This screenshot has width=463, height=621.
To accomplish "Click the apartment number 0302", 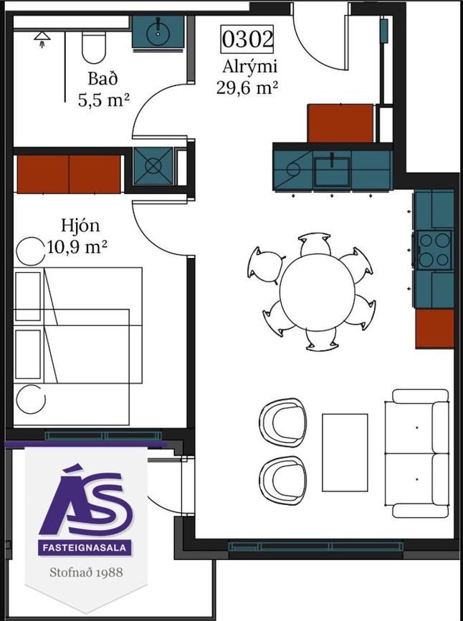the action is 247,39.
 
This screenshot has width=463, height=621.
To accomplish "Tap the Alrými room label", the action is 249,67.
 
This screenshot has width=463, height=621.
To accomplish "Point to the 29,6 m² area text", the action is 246,87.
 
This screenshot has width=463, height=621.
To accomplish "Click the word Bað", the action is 102,79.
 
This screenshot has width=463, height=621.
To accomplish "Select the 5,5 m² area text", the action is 104,100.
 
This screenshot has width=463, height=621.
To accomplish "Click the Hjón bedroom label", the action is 80,226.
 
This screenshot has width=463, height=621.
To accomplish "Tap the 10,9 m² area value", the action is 77,248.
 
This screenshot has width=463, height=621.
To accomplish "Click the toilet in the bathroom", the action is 94,47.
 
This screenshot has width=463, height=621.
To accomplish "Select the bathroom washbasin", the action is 158,32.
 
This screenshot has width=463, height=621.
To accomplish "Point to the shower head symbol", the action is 42,39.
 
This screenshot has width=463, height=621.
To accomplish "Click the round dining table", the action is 317,292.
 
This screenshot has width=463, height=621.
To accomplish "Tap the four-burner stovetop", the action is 435,250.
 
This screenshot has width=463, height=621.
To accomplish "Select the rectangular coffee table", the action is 345,452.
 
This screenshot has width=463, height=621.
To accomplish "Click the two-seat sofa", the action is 416,453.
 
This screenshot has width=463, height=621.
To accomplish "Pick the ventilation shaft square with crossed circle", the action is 153,166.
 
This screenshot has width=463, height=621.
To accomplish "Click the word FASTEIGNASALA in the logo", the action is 85,548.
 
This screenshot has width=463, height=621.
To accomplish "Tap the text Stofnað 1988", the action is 86,572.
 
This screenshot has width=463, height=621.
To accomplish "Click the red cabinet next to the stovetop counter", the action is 434,328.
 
